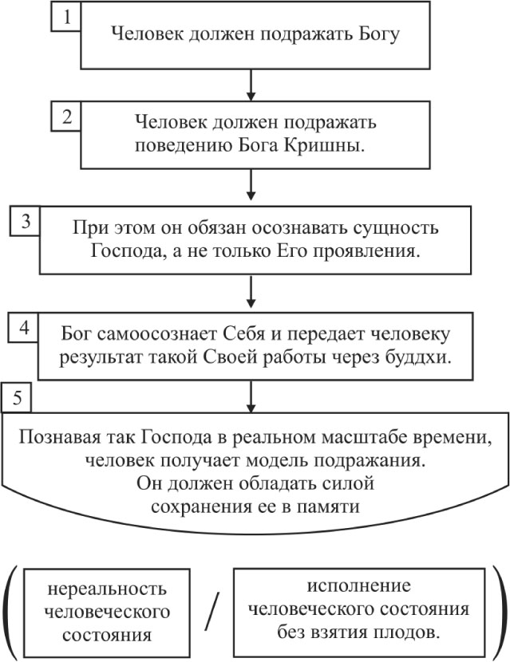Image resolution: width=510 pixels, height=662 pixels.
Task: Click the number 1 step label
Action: (66, 17)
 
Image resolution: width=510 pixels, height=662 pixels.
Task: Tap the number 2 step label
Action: (66, 116)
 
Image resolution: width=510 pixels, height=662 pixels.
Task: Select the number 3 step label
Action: (26, 221)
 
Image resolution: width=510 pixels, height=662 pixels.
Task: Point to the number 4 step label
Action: (24, 327)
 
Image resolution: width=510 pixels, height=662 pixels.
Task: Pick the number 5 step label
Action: (17, 398)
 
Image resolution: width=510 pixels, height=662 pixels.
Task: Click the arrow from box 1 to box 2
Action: (251, 85)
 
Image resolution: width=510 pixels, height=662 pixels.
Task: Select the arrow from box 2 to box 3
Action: (251, 185)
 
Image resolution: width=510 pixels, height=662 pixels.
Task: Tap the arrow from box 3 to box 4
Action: (251, 291)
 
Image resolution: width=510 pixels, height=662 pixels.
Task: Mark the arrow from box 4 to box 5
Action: (251, 397)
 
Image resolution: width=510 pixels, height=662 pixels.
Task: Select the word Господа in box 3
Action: (127, 251)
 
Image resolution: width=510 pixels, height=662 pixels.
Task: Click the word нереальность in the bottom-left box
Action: (107, 588)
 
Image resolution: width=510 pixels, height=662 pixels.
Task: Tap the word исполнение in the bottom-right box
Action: (358, 585)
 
